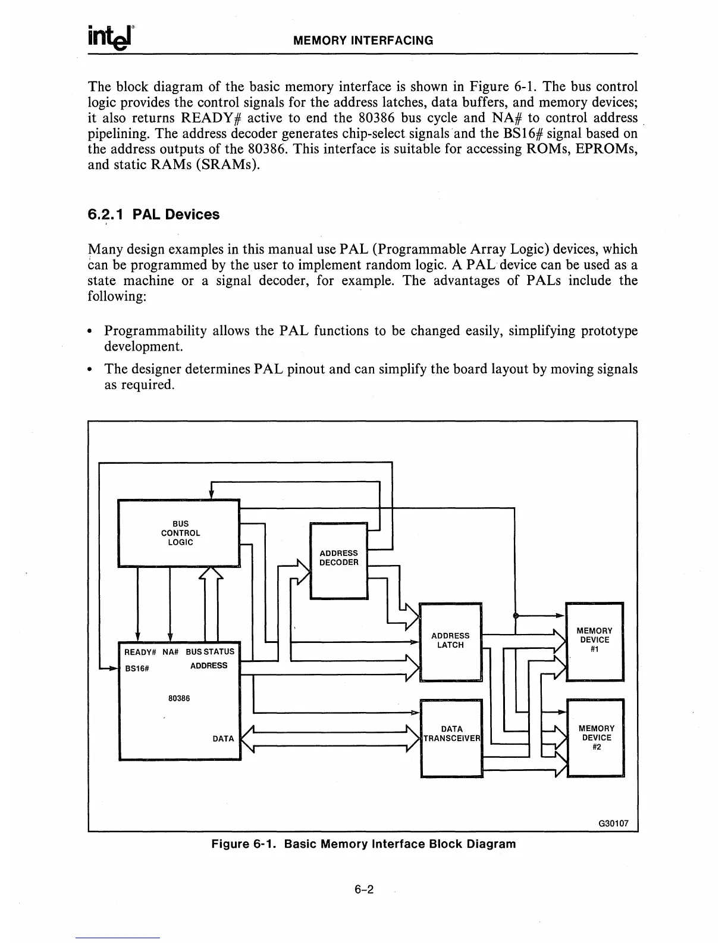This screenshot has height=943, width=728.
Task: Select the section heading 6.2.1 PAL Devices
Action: (153, 214)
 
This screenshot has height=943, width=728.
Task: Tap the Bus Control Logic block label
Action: (180, 533)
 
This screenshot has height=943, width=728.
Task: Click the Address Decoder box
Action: (339, 558)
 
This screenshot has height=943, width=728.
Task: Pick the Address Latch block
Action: (450, 641)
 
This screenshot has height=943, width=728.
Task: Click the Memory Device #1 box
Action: (595, 641)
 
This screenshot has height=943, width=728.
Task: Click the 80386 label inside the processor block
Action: (179, 698)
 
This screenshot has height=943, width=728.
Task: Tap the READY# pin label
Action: (140, 652)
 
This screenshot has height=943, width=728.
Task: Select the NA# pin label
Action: (171, 652)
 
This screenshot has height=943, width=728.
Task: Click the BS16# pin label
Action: (136, 668)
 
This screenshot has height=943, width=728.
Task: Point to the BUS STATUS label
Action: (210, 652)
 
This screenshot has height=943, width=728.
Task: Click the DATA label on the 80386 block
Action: (223, 739)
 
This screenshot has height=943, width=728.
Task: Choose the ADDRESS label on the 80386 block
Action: (209, 666)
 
